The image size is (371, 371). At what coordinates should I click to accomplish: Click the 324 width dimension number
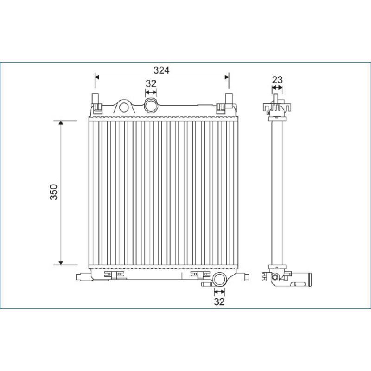click(x=161, y=70)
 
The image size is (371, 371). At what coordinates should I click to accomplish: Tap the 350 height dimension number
click(x=54, y=192)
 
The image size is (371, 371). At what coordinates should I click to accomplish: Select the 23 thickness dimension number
click(x=277, y=80)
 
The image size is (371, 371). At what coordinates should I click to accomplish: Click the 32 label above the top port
click(x=151, y=83)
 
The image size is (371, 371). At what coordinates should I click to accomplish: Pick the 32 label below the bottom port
click(x=219, y=302)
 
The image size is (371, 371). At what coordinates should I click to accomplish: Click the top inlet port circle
click(x=151, y=106)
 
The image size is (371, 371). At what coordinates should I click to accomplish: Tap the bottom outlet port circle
click(x=219, y=279)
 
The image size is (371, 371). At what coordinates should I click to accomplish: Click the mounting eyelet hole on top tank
click(x=124, y=108)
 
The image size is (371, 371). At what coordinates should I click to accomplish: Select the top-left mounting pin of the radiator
click(x=96, y=98)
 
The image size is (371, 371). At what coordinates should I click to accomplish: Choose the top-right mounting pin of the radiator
click(x=229, y=98)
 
